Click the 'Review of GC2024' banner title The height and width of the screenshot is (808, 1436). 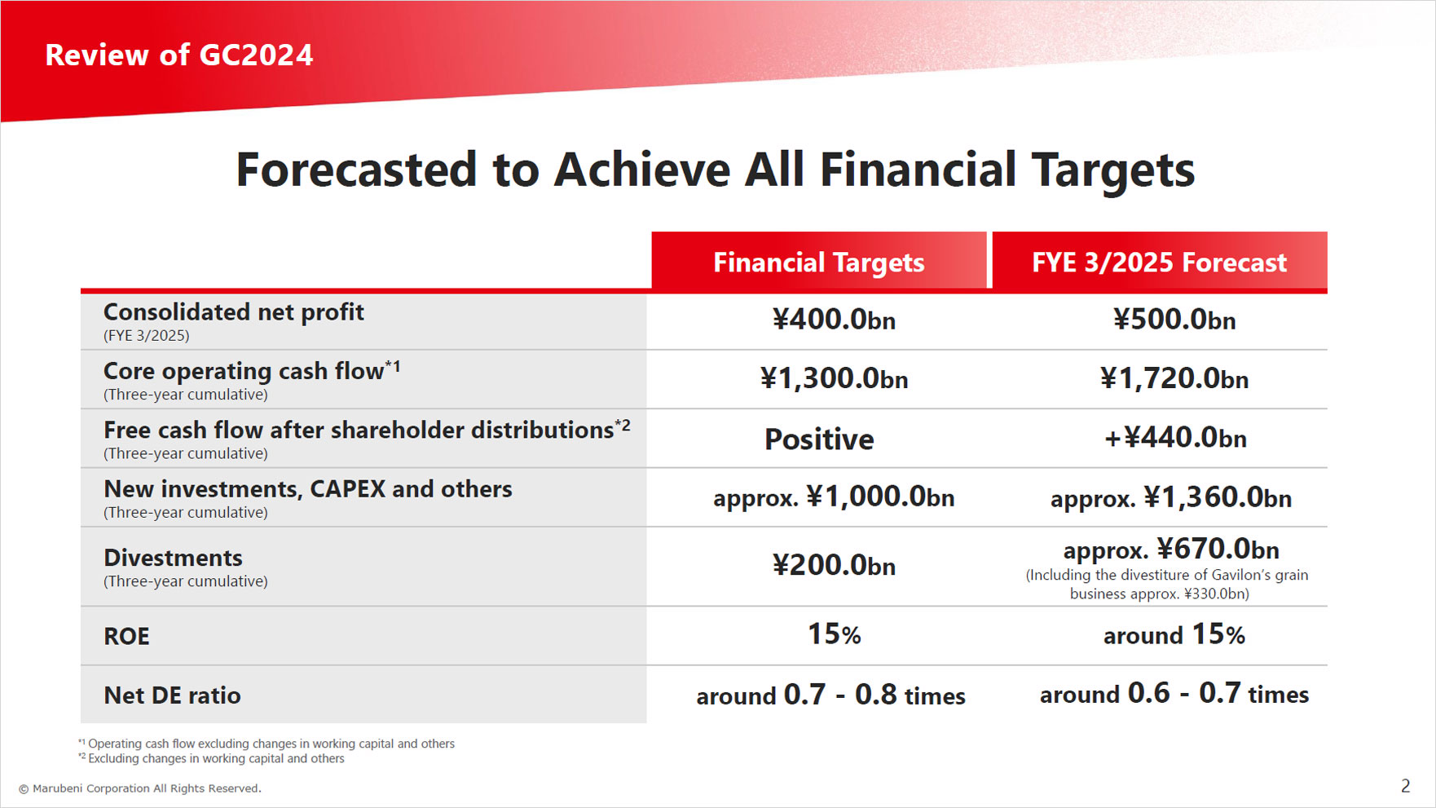coord(178,55)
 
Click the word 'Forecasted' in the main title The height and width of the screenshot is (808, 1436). coord(356,170)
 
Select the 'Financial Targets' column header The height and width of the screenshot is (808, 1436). coord(818,262)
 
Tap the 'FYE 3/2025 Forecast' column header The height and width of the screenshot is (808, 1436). coord(1159,262)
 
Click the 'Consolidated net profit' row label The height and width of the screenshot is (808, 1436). coord(233,312)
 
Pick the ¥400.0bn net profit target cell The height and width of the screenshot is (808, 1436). coord(833,320)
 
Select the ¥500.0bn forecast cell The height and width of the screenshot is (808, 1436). coord(1174,320)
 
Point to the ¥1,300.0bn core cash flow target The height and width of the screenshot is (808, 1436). coord(833,378)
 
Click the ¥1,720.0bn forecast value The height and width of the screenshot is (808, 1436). coord(1174,378)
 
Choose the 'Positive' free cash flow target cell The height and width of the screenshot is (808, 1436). coord(818,439)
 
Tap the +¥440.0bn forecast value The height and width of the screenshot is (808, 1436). coord(1174,438)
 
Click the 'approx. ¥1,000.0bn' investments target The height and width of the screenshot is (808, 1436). coord(833,497)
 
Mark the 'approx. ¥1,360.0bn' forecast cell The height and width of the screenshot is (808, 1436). coord(1170,497)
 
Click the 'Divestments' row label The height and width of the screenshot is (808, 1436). coord(173,558)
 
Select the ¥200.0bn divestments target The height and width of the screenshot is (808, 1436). coord(833,565)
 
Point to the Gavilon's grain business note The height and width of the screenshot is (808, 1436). coord(1166,584)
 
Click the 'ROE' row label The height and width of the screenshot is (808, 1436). coord(126,636)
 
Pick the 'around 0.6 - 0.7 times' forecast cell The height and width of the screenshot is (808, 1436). coord(1174,694)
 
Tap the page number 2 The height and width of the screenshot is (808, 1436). coord(1405,786)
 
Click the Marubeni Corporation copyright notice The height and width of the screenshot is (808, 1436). coord(139,788)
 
